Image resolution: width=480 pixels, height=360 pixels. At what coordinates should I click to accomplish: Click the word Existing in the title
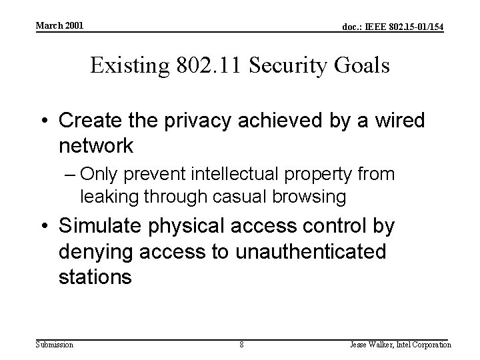[129, 66]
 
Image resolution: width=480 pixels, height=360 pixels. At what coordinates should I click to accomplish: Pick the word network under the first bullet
[97, 145]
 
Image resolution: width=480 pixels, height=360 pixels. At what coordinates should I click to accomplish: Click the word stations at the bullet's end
[95, 276]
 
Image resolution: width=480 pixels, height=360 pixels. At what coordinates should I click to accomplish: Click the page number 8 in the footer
[241, 345]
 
